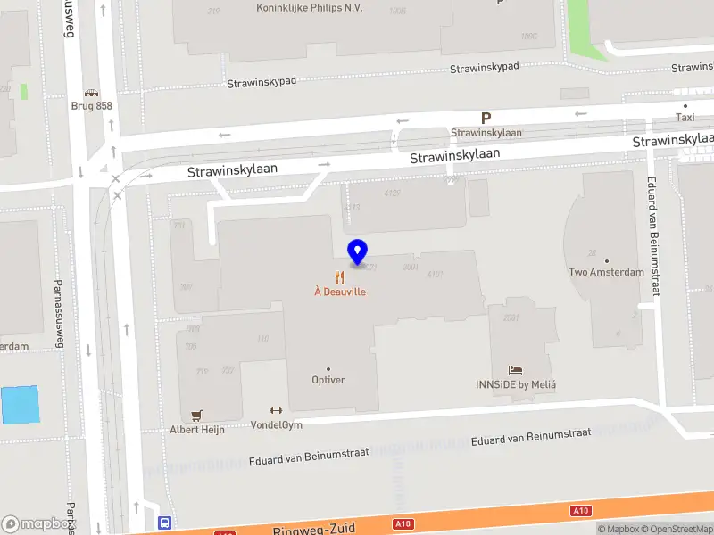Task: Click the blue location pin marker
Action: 358,253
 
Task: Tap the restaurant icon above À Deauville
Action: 339,277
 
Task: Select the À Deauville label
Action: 339,292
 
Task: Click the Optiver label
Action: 328,380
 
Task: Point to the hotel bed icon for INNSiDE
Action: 516,370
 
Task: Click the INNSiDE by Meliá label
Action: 522,384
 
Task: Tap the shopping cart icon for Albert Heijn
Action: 197,416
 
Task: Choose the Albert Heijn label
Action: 197,429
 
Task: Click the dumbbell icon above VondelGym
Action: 276,411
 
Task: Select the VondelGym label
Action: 276,424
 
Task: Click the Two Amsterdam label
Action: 606,272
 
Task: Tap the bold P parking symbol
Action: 486,118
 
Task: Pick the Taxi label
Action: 685,117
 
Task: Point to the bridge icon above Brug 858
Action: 90,92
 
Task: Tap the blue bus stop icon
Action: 164,523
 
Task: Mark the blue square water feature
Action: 21,406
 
